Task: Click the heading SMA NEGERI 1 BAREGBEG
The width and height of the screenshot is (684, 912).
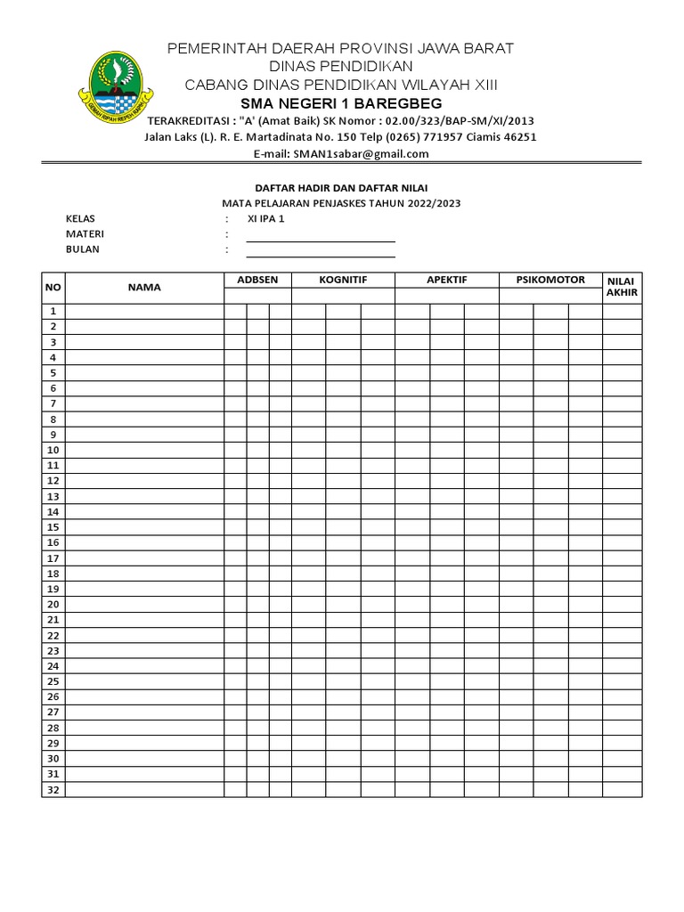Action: [x=341, y=103]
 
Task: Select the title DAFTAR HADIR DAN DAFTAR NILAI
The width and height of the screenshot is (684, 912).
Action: [x=341, y=188]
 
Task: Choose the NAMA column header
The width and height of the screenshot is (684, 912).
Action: [x=143, y=287]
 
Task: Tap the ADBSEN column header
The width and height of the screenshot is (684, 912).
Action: [x=257, y=280]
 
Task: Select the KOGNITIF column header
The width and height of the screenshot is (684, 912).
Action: [x=343, y=280]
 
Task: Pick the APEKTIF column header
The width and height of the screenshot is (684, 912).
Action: [x=447, y=280]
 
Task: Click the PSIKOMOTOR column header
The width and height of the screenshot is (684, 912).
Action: [x=550, y=280]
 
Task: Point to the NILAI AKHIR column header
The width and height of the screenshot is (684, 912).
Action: [x=622, y=286]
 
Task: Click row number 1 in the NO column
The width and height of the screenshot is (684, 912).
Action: [x=53, y=311]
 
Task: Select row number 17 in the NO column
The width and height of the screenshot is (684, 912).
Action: [x=53, y=558]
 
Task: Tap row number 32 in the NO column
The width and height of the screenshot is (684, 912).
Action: [x=53, y=790]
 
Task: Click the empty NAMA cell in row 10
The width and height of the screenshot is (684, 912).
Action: [x=143, y=450]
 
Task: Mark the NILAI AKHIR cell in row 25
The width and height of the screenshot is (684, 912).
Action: [x=622, y=681]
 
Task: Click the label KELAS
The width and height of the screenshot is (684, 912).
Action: [x=80, y=218]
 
